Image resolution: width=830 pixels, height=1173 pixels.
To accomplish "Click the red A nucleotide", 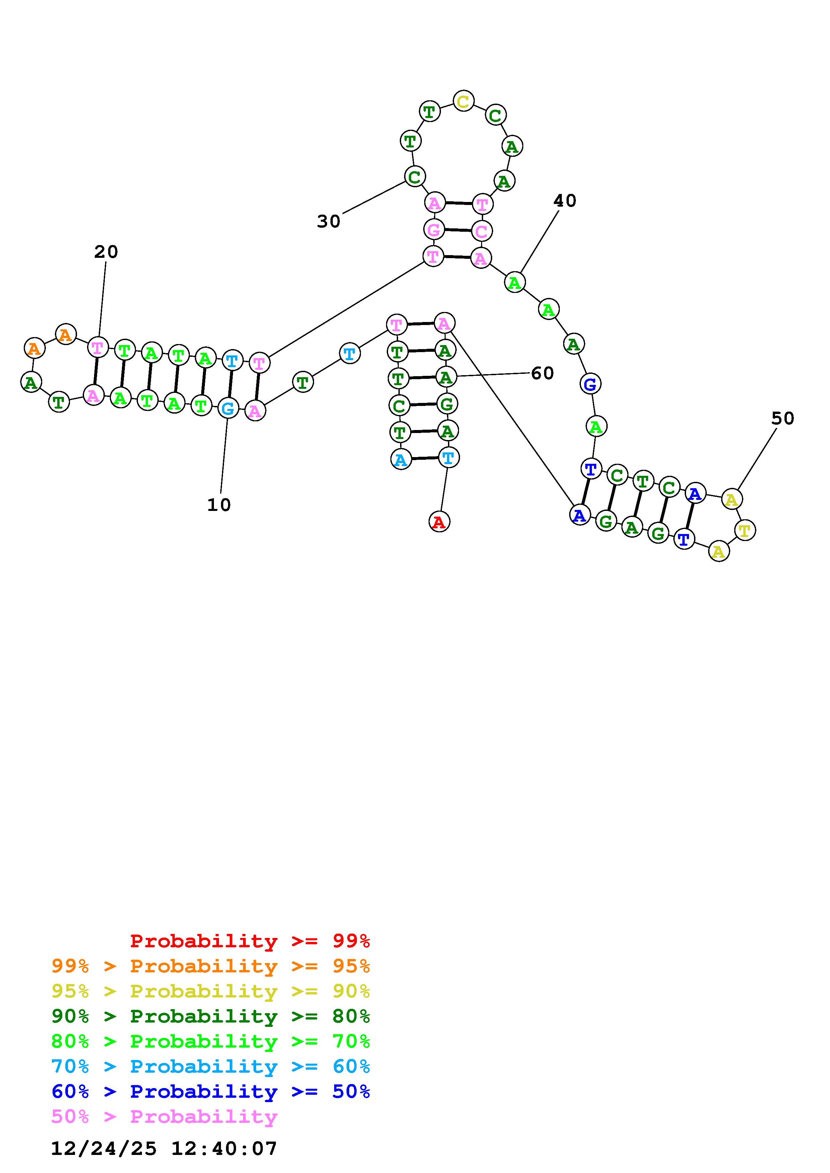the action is (x=439, y=522).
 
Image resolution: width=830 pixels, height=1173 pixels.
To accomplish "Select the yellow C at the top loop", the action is (x=463, y=101).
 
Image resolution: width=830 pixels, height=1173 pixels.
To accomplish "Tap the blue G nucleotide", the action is (x=590, y=384).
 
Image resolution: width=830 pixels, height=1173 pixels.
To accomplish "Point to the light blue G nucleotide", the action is (x=228, y=408).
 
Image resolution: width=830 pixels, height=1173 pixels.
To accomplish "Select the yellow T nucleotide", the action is (x=745, y=530).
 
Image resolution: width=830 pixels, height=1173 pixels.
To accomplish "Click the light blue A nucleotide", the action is (x=401, y=459).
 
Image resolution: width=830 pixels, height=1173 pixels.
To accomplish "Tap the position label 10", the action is (x=219, y=505).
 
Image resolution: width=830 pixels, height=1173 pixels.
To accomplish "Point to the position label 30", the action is (x=328, y=221).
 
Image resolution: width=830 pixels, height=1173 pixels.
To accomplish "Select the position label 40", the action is (x=564, y=201).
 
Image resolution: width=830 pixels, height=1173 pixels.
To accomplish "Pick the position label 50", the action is (x=782, y=418).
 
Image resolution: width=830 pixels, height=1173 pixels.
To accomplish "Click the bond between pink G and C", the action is (x=458, y=230).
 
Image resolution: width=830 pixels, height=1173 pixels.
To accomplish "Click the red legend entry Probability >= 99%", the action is (x=250, y=941).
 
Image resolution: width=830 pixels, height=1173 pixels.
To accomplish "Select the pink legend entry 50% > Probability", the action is (x=164, y=1116).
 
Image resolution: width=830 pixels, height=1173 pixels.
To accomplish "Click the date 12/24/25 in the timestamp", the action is (x=104, y=1149).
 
